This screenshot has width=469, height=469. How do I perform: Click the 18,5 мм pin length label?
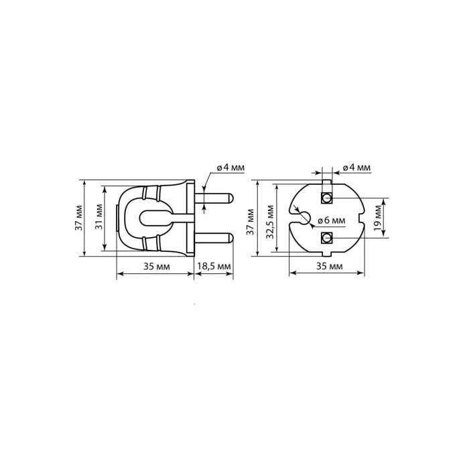pos(214,266)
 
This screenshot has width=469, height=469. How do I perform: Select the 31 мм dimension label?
pos(99,217)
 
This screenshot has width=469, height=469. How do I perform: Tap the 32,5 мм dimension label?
pos(270,222)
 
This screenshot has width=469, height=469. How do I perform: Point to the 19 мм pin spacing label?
pos(377,218)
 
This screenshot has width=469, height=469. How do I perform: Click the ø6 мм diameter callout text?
pos(331,220)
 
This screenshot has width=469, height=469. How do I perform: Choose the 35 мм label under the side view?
pos(156,266)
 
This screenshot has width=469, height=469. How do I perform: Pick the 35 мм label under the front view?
pos(330,266)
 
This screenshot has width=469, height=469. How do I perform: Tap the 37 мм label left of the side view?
pos(79,218)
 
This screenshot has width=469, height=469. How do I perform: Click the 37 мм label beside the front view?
pos(250,222)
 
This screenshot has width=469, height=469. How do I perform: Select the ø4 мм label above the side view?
pos(230,167)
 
